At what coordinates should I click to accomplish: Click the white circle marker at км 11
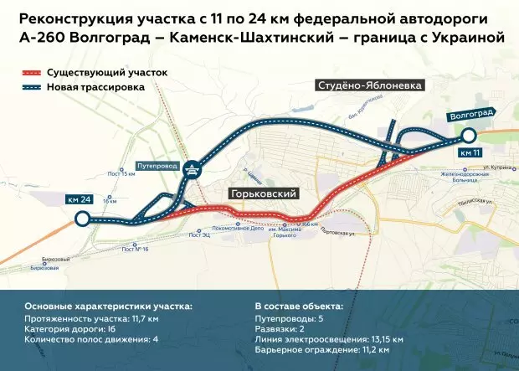(x=469, y=135)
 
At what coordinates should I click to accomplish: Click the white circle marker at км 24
(x=82, y=219)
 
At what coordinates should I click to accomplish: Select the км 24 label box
(x=81, y=199)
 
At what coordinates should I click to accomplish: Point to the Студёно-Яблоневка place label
(x=369, y=85)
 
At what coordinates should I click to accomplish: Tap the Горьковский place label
(x=264, y=193)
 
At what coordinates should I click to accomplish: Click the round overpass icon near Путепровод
(x=192, y=167)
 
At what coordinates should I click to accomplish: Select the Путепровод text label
(x=157, y=166)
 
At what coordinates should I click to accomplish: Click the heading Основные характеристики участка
(x=108, y=307)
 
